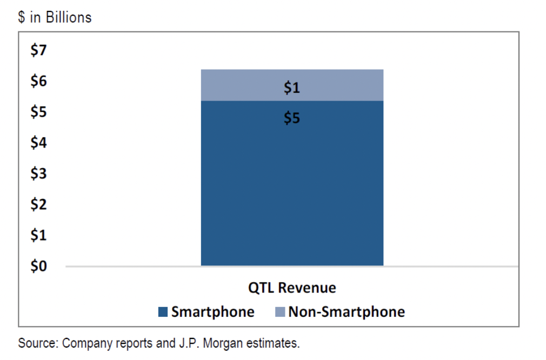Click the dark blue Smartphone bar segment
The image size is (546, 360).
(292, 189)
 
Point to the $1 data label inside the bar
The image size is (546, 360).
(292, 88)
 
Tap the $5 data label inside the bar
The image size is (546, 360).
(292, 118)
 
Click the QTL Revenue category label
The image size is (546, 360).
(292, 288)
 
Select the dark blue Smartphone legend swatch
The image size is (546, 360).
(163, 312)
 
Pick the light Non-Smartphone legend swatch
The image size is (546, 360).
(280, 312)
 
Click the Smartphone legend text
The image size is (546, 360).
(212, 312)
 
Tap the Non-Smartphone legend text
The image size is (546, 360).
(346, 312)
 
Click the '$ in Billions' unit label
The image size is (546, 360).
(55, 18)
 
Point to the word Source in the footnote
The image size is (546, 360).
(38, 343)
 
